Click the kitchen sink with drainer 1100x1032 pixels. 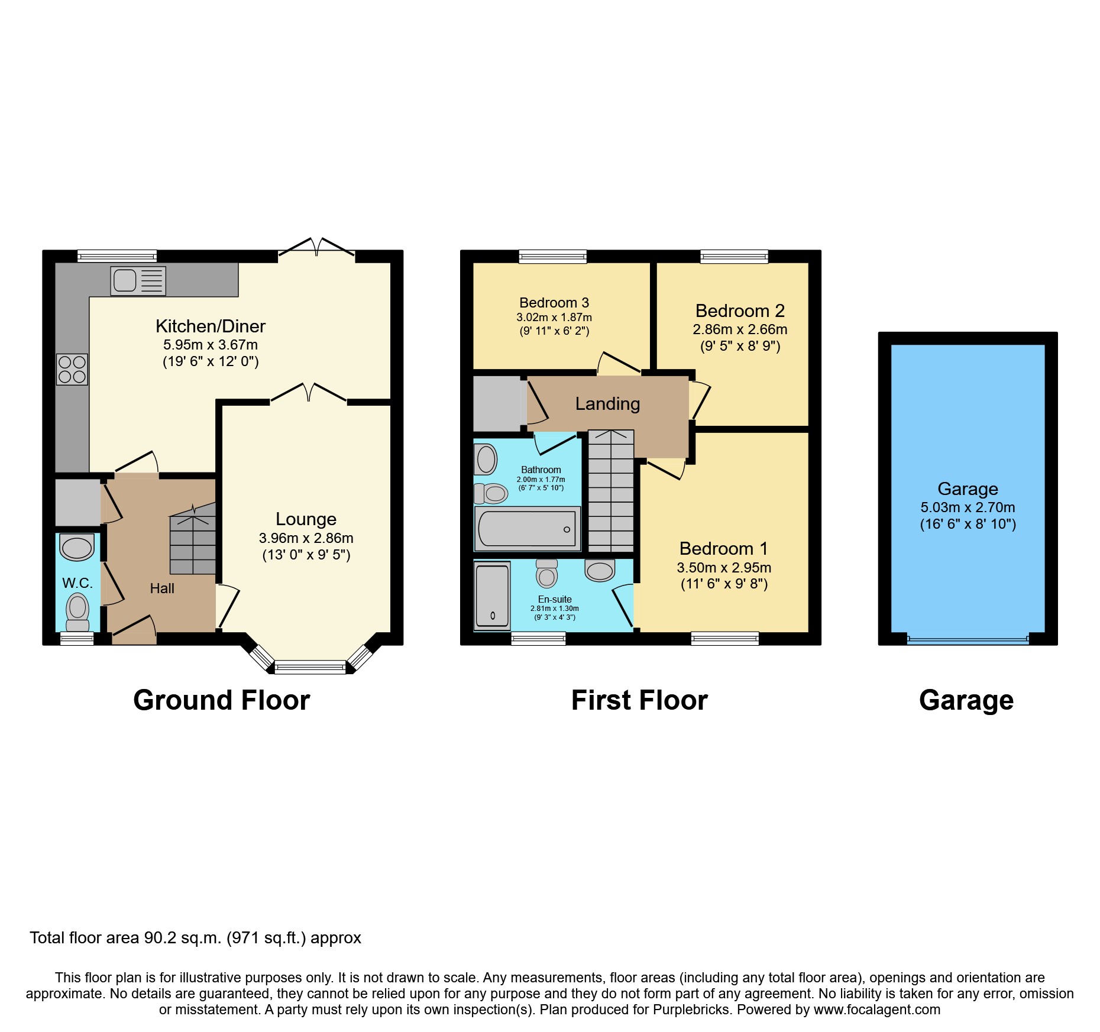pos(138,280)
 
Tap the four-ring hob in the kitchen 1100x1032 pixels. pos(72,369)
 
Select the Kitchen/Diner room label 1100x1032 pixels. pos(211,326)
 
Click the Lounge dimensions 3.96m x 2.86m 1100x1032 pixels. pos(306,538)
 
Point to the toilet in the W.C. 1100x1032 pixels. pos(77,611)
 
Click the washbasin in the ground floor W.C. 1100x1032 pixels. pos(77,547)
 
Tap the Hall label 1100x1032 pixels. pos(162,588)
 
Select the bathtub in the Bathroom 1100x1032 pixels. pos(527,529)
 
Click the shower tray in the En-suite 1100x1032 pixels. pos(492,596)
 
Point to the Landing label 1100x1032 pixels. pos(607,404)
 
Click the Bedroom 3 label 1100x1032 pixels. pos(554,303)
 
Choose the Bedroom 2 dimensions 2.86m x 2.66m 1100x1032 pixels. pos(740,329)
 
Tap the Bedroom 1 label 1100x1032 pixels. pos(723,548)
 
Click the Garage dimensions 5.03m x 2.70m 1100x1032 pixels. pos(968,507)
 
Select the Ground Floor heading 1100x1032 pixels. pos(221,700)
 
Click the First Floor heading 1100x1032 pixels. pos(639,700)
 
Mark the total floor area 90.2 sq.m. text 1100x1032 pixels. pos(195,938)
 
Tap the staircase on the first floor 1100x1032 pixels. pos(611,491)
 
